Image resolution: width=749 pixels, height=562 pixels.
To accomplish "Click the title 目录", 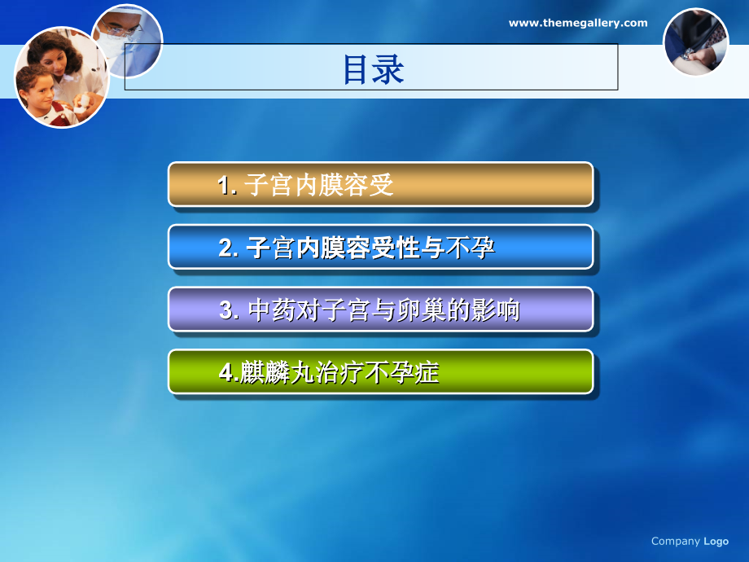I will pyautogui.click(x=373, y=70).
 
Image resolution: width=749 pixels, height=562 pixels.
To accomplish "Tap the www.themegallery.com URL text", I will pyautogui.click(x=578, y=24).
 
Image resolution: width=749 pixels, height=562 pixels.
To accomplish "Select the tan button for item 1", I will pyautogui.click(x=380, y=184).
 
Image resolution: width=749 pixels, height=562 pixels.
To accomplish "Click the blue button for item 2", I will pyautogui.click(x=380, y=247).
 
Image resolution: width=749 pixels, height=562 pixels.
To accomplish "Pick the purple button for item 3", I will pyautogui.click(x=380, y=310).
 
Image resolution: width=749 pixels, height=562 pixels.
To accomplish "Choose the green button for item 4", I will pyautogui.click(x=380, y=372).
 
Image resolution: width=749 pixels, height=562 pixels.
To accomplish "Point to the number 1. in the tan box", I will pyautogui.click(x=227, y=187).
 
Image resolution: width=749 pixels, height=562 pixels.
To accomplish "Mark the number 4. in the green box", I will pyautogui.click(x=229, y=374).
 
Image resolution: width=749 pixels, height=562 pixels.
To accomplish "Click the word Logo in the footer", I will pyautogui.click(x=716, y=541).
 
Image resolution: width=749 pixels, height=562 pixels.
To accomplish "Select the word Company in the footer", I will pyautogui.click(x=676, y=541).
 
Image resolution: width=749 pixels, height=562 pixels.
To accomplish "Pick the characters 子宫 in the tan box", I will pyautogui.click(x=268, y=186).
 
